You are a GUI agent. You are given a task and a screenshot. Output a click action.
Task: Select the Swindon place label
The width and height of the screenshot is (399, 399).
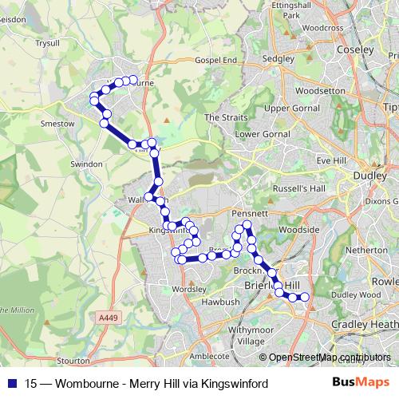[86, 164]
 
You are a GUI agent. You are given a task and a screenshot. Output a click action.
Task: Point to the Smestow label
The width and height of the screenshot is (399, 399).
[58, 124]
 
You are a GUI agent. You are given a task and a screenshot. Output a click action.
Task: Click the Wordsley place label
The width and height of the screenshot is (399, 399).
[189, 288]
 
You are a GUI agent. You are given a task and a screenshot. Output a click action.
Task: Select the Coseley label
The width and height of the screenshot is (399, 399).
[356, 49]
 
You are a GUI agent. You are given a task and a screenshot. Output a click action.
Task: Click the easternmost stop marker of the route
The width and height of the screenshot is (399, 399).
[304, 298]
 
